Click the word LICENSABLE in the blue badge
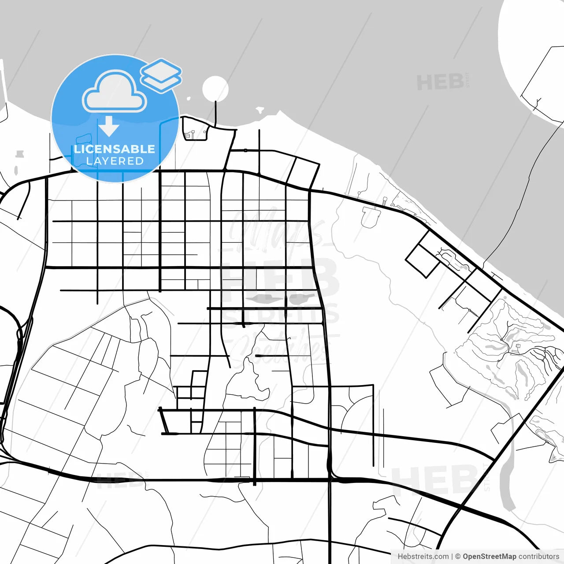pos(115,149)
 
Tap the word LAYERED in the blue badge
pos(115,161)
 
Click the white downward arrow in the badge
pos(109,126)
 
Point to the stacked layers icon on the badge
pos(161,75)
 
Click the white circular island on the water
pos(215,89)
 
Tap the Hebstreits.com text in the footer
pos(423,557)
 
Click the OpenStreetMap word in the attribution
pos(490,557)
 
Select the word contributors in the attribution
pos(538,557)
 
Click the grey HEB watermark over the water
pos(441,82)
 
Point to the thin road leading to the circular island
pos(215,114)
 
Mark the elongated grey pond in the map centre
pos(282,298)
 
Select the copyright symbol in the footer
pos(458,557)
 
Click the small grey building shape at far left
pos(19,154)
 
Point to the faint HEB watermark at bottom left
pos(119,480)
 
